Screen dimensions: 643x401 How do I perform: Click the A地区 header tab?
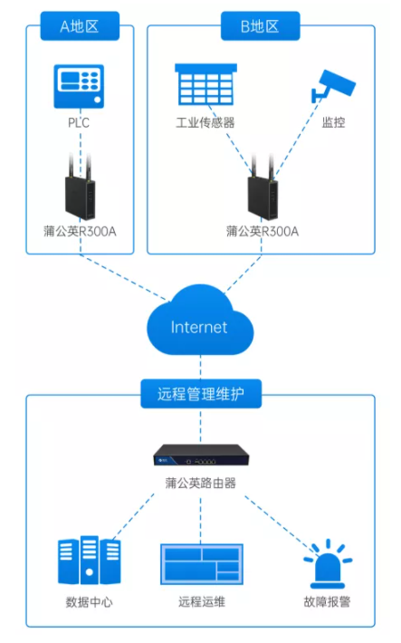[80, 26]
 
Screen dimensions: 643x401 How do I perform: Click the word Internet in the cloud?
[199, 327]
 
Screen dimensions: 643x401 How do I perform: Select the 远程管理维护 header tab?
[201, 395]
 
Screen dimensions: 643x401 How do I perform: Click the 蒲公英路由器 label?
[201, 483]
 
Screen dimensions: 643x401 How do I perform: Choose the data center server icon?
[89, 561]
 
